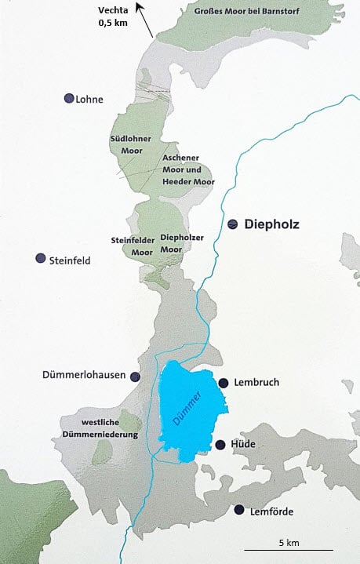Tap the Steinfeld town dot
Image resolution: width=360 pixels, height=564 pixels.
40,259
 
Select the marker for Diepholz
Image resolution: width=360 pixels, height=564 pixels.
233,224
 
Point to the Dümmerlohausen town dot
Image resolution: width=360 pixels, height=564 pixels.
135,377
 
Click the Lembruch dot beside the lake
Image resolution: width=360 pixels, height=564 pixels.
224,383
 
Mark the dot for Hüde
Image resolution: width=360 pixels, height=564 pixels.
220,445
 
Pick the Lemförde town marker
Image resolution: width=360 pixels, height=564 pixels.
239,511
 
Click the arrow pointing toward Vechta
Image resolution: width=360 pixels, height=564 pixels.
145,20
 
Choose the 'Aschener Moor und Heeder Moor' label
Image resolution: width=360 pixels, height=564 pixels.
187,169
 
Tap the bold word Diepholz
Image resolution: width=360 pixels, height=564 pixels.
272,224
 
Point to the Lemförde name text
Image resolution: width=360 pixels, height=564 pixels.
271,511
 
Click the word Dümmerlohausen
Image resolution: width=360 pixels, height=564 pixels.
84,376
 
